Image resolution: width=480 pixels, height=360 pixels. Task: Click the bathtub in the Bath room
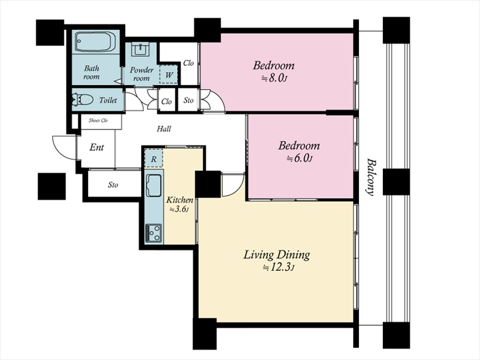coord(95,42)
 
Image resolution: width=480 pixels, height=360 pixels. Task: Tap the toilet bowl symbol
coord(82,100)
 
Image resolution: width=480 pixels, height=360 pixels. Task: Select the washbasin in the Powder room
coord(140,49)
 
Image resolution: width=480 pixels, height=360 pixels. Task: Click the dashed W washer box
coord(169,74)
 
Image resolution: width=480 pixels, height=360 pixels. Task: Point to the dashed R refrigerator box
coord(154,159)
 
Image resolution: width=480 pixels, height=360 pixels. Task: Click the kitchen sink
coord(154,186)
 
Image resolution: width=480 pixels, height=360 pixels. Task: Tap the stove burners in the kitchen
coord(153,233)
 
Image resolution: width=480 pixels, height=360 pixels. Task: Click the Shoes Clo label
coord(98,121)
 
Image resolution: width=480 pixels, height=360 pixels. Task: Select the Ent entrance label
coord(97,147)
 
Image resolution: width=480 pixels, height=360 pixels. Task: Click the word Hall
coord(164,129)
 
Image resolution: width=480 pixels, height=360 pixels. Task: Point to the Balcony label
coord(371,177)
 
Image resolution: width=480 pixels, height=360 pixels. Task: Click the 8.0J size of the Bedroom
coord(274,78)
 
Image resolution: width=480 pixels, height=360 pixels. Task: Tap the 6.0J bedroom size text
coord(299,159)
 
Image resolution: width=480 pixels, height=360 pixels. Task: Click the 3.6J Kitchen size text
coord(179,210)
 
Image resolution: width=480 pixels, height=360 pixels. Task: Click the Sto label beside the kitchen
coord(113,185)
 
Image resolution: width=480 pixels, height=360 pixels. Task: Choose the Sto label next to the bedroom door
coord(189,101)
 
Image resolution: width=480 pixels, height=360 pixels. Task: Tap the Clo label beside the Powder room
coord(189,63)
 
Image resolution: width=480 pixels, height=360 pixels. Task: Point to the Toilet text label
coord(108,100)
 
